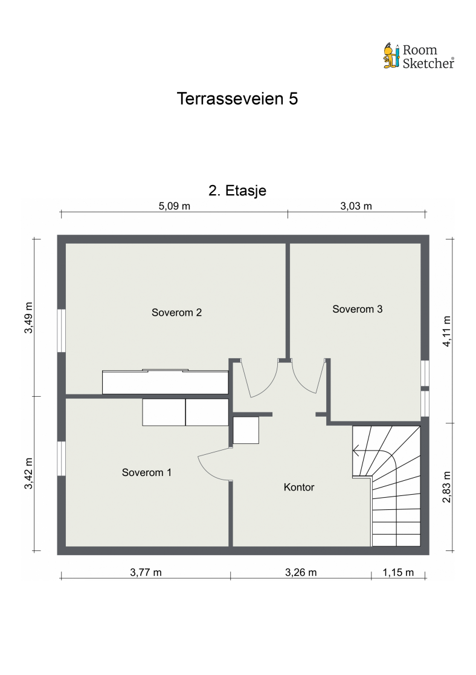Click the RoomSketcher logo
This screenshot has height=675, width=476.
(419, 56)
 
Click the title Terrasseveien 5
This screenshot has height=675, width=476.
(237, 99)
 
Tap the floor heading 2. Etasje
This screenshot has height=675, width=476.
(237, 191)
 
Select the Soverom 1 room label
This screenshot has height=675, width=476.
(146, 472)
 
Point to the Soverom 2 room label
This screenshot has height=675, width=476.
(176, 313)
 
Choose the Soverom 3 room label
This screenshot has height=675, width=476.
(358, 309)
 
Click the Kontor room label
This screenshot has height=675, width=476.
(299, 487)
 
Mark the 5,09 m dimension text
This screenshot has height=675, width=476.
(175, 206)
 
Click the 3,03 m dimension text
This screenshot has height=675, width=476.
(356, 206)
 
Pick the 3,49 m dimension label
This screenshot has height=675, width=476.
(28, 317)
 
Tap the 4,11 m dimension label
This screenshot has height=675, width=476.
(446, 331)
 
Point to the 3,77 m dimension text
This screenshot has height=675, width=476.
(146, 572)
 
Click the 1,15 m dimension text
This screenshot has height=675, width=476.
(398, 572)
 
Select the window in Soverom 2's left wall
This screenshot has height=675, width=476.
(61, 330)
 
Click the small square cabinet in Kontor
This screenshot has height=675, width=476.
(246, 431)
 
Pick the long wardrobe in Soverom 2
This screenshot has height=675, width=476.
(165, 382)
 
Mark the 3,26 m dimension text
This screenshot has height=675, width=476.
(300, 572)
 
